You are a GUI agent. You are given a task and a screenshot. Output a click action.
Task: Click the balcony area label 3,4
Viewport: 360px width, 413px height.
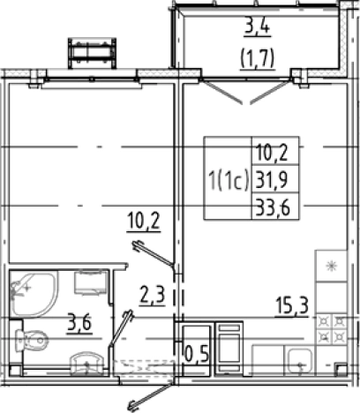[257, 27]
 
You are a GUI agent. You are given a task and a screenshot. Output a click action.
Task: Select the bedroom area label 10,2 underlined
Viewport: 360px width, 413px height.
[144, 222]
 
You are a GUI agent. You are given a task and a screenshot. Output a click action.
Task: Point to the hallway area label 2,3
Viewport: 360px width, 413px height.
[152, 297]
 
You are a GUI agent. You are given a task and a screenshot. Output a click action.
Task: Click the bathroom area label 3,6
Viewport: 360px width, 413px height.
[79, 323]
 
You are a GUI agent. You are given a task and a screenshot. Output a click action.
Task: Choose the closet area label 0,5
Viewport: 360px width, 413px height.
[197, 355]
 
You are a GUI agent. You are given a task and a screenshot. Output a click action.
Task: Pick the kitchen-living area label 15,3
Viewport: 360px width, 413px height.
[292, 306]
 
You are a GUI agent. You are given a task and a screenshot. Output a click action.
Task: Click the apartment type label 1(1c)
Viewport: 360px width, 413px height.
[229, 180]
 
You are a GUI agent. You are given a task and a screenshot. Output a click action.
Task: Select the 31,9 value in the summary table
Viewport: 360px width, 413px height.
[273, 180]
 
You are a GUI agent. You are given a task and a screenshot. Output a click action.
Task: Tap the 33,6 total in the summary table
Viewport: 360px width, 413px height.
[273, 207]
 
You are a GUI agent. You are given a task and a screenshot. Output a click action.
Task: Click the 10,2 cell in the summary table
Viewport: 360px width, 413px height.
[271, 153]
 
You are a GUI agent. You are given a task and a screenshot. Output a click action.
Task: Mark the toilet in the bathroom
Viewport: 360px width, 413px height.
[32, 340]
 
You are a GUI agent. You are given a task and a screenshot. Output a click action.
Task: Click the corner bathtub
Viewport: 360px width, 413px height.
[33, 293]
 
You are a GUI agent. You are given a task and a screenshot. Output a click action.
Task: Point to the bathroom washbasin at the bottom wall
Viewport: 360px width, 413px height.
[86, 364]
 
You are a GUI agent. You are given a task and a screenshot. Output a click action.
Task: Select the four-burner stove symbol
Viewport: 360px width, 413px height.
[331, 328]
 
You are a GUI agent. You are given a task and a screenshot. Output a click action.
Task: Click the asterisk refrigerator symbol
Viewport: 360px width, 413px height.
[331, 267]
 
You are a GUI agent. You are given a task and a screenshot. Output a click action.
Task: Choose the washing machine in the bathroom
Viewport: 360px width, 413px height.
[91, 282]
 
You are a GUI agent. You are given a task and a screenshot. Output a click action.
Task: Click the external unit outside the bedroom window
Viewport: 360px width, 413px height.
[92, 53]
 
